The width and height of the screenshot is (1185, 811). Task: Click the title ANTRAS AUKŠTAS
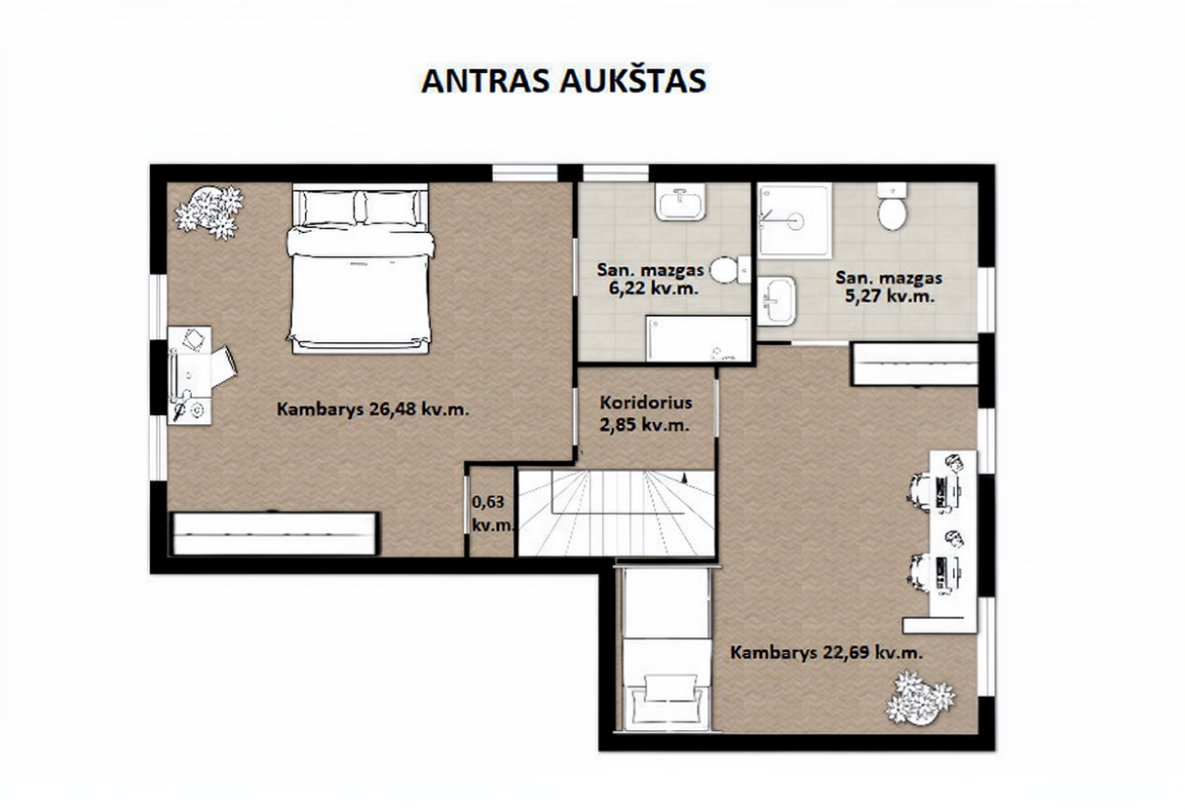coord(564,81)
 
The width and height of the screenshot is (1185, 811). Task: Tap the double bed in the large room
coord(361,269)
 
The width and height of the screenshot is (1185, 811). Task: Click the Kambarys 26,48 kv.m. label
coord(373,409)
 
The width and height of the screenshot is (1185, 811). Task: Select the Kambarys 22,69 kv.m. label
coord(826,652)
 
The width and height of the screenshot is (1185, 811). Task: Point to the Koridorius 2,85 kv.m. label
coord(645,413)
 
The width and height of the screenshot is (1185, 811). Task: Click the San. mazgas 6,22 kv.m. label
coord(650,279)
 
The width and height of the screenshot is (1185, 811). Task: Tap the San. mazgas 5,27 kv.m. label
coord(889,287)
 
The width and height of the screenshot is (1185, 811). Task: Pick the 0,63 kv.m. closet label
coord(492,513)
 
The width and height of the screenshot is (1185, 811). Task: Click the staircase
coord(616,513)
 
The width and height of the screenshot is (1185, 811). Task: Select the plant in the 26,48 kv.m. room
coord(209,212)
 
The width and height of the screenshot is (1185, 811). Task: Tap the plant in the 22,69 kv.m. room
coord(920,697)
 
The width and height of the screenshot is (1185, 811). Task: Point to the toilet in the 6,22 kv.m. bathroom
coord(730,270)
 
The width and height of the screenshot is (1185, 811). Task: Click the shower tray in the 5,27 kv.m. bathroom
coord(794,220)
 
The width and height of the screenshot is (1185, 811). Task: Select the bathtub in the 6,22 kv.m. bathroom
coord(699,338)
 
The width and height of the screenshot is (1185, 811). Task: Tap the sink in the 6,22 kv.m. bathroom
coord(680,202)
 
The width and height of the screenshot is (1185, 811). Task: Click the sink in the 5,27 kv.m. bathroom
coord(777,300)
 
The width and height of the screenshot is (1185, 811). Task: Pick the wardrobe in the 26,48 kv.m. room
coord(274,534)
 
